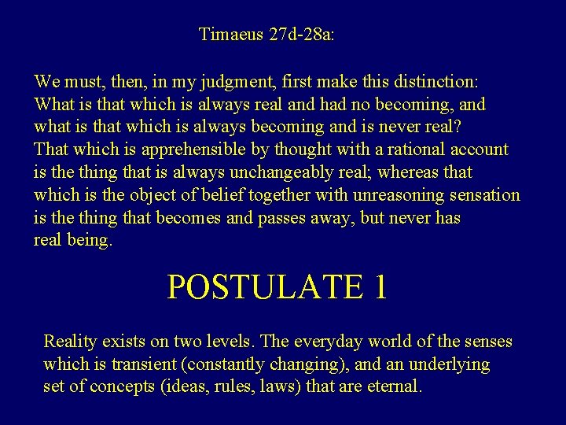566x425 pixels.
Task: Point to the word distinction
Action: [x=438, y=81]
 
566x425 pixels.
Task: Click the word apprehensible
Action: [x=208, y=150]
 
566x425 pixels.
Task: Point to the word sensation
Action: [x=484, y=195]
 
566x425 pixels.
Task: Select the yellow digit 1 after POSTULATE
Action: [x=379, y=288]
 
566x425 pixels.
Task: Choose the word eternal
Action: [x=395, y=387]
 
